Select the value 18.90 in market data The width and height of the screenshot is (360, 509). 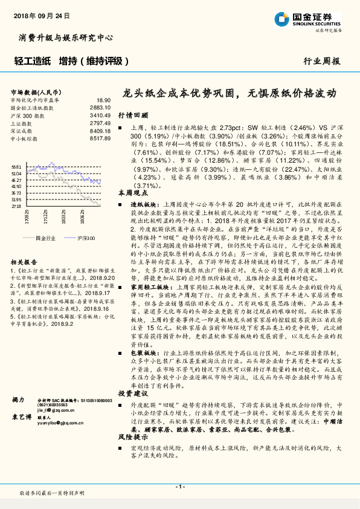(x=104, y=100)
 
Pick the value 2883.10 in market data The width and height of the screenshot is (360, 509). (x=100, y=108)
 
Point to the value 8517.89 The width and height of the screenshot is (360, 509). (x=100, y=138)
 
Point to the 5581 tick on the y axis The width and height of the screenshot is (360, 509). (x=17, y=167)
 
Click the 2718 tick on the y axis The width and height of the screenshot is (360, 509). (x=17, y=206)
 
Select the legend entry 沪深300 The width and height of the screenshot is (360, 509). (x=85, y=239)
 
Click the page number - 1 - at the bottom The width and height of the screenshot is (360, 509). (x=179, y=486)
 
